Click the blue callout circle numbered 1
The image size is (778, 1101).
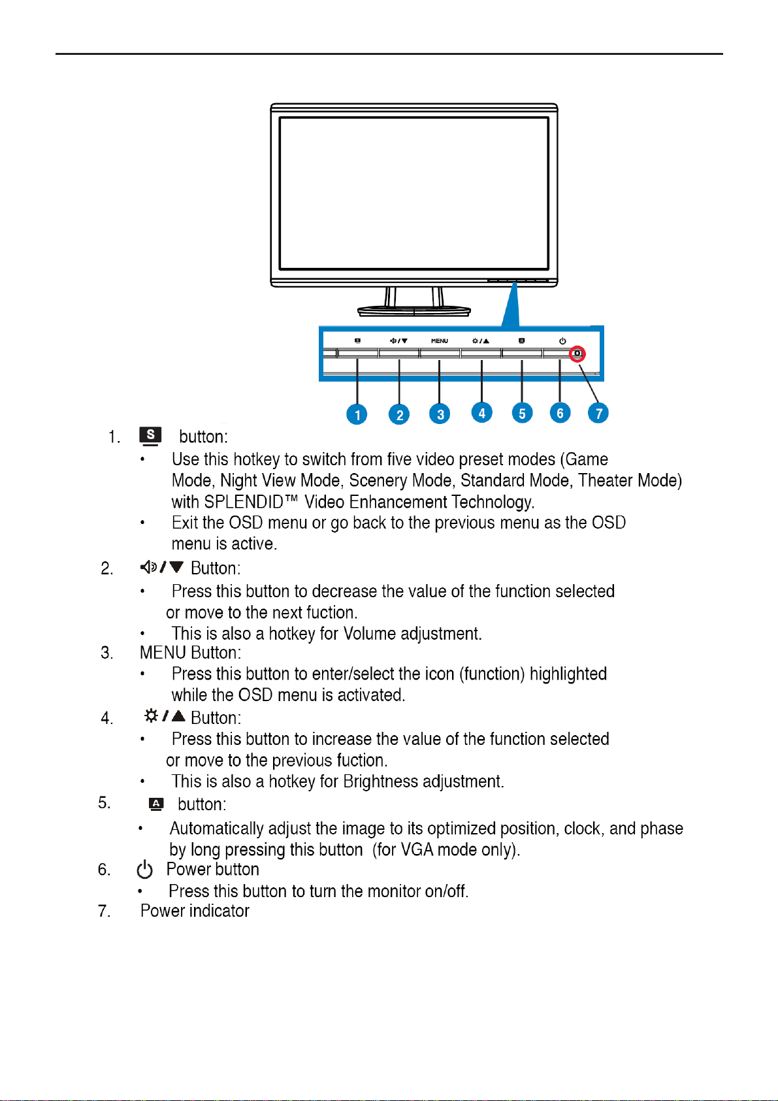click(357, 414)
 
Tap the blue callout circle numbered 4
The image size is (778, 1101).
click(481, 412)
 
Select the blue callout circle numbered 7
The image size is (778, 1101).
click(598, 413)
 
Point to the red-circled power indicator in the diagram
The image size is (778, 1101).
click(577, 353)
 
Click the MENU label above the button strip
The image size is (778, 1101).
click(440, 341)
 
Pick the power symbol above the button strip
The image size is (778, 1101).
click(562, 340)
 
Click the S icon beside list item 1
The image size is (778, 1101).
click(150, 436)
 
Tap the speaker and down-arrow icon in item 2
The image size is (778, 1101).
click(162, 567)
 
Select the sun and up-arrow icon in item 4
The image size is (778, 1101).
click(165, 716)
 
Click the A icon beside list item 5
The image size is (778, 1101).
click(156, 804)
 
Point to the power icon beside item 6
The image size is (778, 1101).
click(145, 870)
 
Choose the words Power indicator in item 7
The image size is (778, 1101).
click(195, 911)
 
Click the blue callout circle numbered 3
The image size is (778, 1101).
click(440, 414)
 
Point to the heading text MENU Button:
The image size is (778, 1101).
click(190, 653)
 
